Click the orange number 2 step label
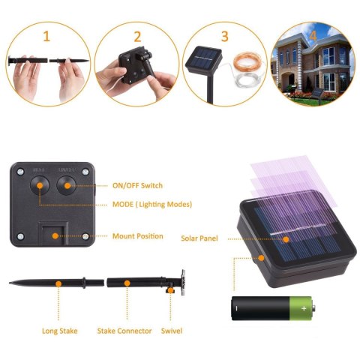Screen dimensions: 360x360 tap(137, 35)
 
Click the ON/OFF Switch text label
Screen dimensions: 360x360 tap(137, 184)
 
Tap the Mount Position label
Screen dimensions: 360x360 tap(137, 236)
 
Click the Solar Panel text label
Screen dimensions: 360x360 tap(200, 238)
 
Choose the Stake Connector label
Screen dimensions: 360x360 tap(124, 330)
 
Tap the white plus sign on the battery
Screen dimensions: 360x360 tap(303, 307)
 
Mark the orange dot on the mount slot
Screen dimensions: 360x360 tap(55, 235)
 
